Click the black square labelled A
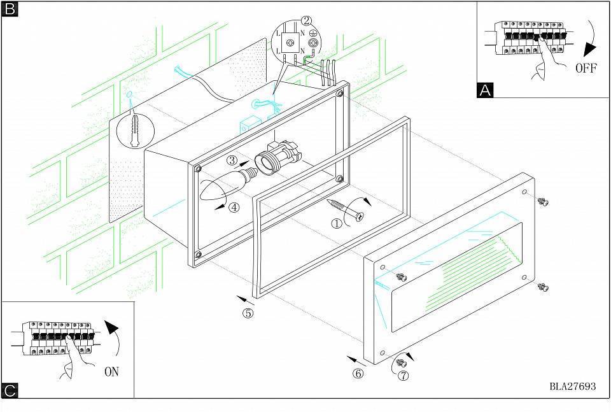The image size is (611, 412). point(485,90)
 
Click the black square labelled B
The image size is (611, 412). point(10,10)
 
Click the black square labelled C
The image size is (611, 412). point(10,390)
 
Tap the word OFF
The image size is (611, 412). point(586,68)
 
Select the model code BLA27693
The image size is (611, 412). point(573,387)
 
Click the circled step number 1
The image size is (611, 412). point(336,224)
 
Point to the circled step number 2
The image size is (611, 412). point(307,20)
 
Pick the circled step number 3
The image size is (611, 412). point(232,160)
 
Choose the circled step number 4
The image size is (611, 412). point(234,207)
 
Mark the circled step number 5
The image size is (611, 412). point(248,313)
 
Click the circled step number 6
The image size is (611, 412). point(358,373)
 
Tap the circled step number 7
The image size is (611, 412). point(403,375)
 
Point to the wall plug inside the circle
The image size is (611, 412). point(135,131)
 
